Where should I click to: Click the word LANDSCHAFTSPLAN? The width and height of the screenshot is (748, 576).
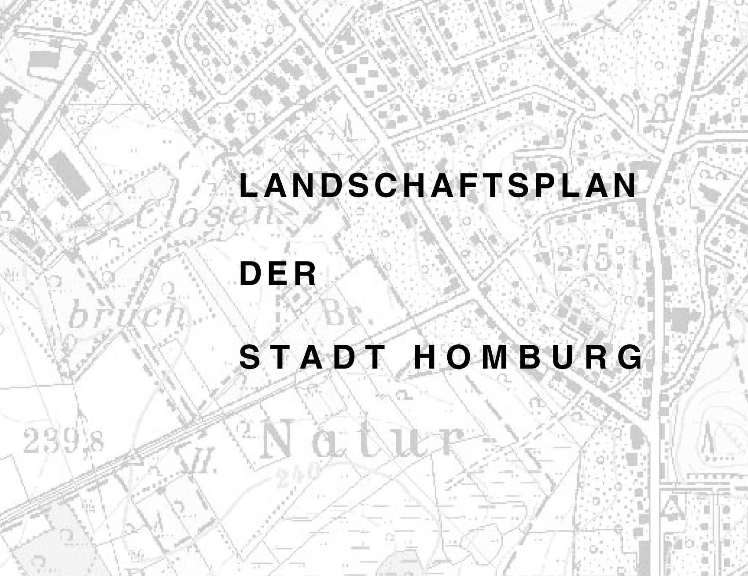(x=438, y=186)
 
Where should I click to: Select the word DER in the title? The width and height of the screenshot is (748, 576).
(x=278, y=274)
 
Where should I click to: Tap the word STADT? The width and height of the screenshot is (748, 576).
(x=313, y=358)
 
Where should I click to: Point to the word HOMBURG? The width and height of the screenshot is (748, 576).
(x=528, y=358)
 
